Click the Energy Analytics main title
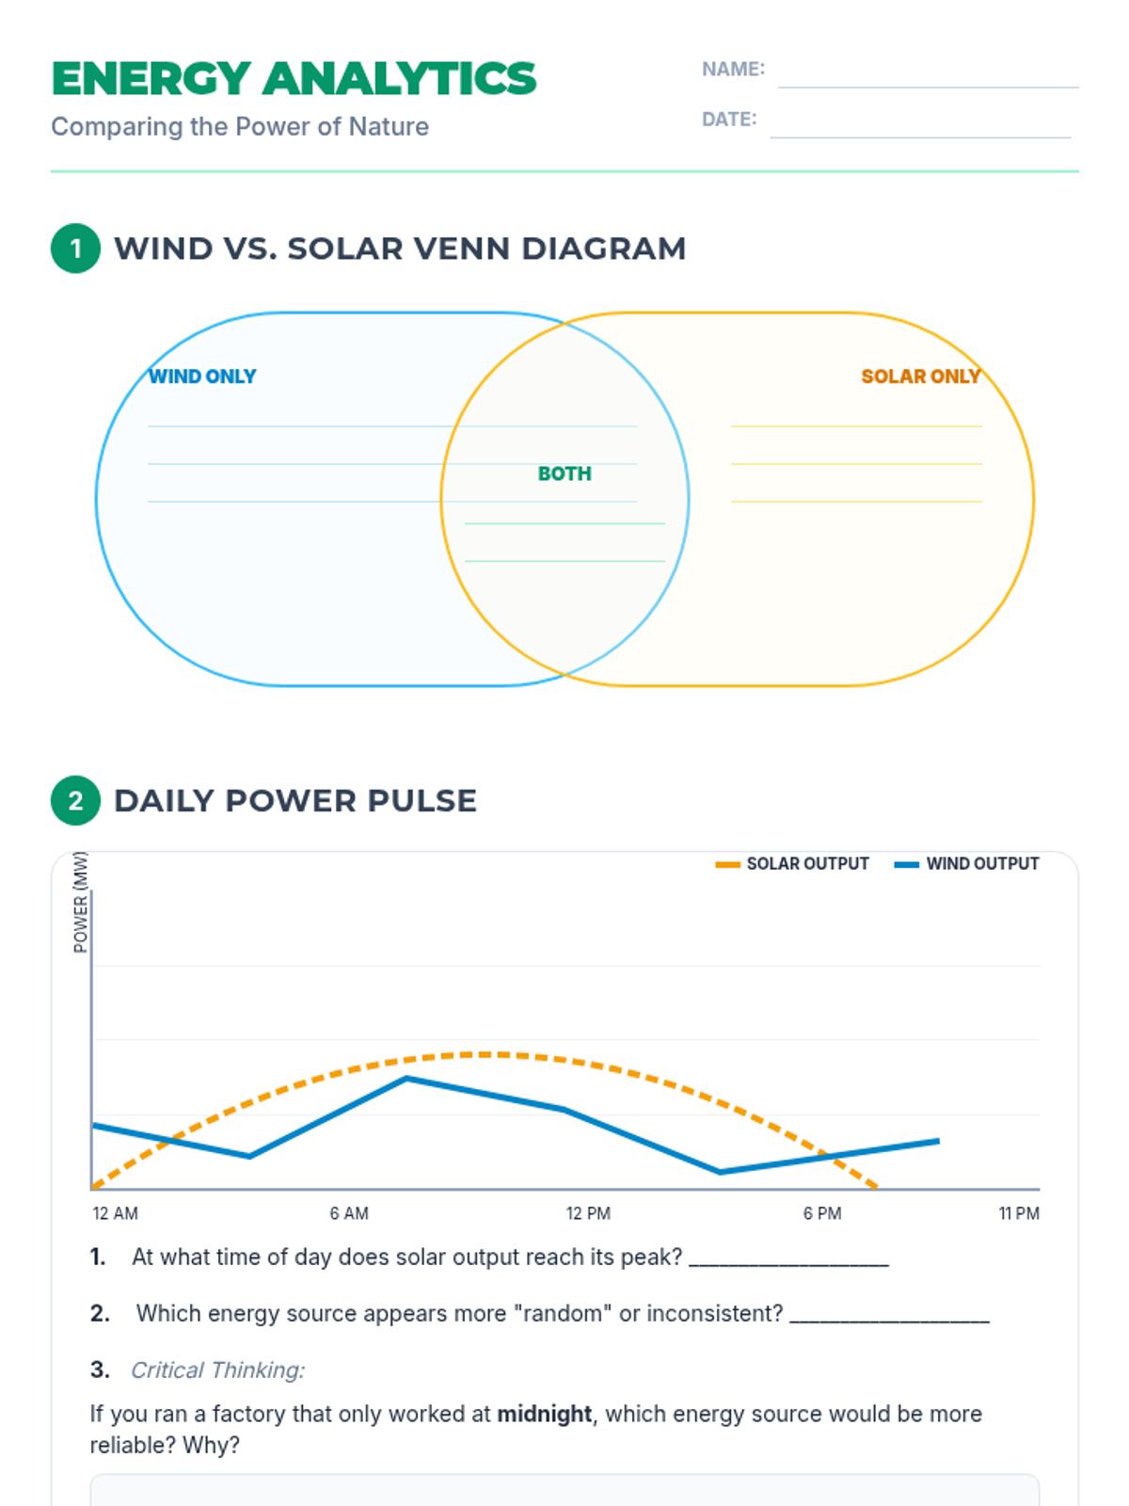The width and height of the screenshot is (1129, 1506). pyautogui.click(x=294, y=79)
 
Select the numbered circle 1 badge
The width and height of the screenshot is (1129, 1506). pyautogui.click(x=75, y=248)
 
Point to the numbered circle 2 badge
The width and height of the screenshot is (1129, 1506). pyautogui.click(x=75, y=801)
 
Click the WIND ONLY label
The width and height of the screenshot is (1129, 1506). pyautogui.click(x=202, y=376)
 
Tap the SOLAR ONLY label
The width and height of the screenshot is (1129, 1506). pyautogui.click(x=920, y=376)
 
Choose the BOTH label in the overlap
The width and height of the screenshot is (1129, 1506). pyautogui.click(x=564, y=473)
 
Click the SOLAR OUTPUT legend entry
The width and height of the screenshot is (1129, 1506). pyautogui.click(x=792, y=864)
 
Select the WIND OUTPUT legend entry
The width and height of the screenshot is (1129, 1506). pyautogui.click(x=967, y=864)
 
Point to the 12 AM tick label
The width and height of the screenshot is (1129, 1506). pyautogui.click(x=115, y=1213)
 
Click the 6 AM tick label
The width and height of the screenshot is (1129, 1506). pyautogui.click(x=349, y=1213)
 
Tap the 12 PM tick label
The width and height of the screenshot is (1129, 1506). pyautogui.click(x=588, y=1213)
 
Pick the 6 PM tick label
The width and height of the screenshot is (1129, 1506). pyautogui.click(x=822, y=1213)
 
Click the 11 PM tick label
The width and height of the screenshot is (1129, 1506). pyautogui.click(x=1019, y=1213)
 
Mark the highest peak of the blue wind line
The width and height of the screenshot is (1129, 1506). pyautogui.click(x=406, y=1079)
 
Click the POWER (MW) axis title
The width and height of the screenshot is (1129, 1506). pyautogui.click(x=81, y=902)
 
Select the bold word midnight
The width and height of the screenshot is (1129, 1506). pyautogui.click(x=544, y=1414)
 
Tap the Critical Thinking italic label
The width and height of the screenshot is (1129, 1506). pyautogui.click(x=217, y=1370)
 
